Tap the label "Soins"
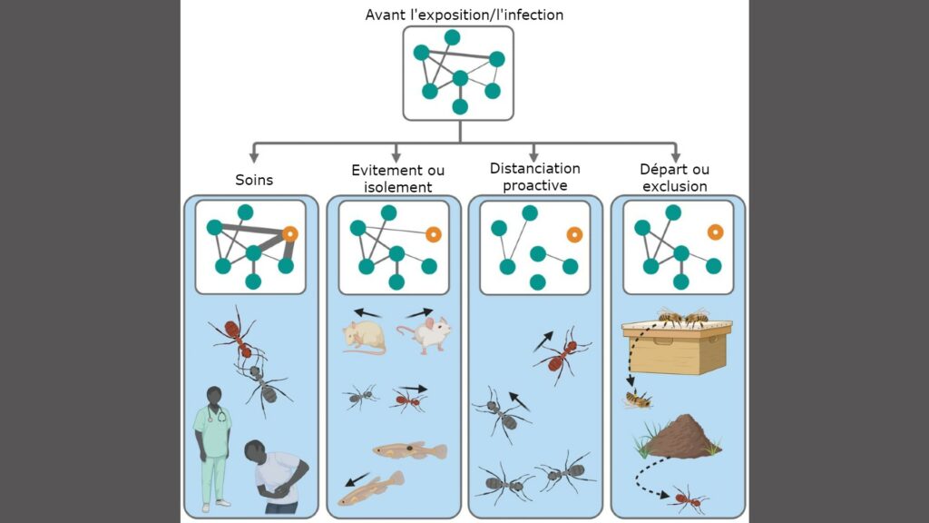point(253,180)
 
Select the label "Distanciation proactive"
point(534,177)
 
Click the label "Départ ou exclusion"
point(675,178)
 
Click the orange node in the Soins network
point(290,233)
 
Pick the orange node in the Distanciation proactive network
point(573,234)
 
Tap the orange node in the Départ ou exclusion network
point(715,232)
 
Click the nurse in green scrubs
point(213,445)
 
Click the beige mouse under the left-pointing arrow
point(364,337)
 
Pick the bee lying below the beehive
point(639,398)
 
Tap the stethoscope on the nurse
point(218,415)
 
